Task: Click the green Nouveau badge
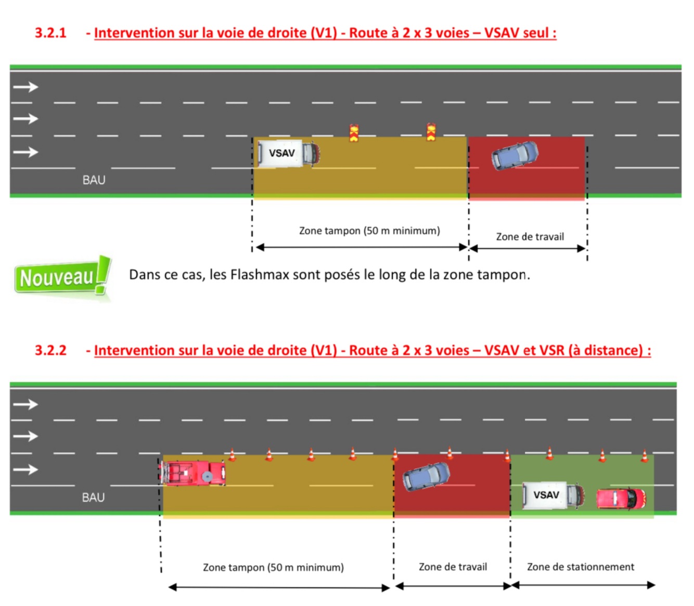(61, 277)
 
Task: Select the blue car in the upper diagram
(515, 155)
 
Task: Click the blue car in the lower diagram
(426, 476)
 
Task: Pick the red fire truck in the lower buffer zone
(193, 473)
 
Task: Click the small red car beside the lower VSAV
(621, 498)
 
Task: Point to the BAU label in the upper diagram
(94, 180)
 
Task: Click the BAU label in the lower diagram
(94, 497)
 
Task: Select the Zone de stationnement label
(580, 566)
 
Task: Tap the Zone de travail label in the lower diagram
(453, 566)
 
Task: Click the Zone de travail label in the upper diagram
(530, 237)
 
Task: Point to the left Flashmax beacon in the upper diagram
(354, 133)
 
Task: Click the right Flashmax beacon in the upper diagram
(431, 132)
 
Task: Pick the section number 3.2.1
(50, 33)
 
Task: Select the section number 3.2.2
(50, 350)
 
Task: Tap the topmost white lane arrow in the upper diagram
(25, 87)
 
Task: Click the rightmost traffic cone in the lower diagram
(644, 456)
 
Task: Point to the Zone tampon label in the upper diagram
(369, 230)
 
